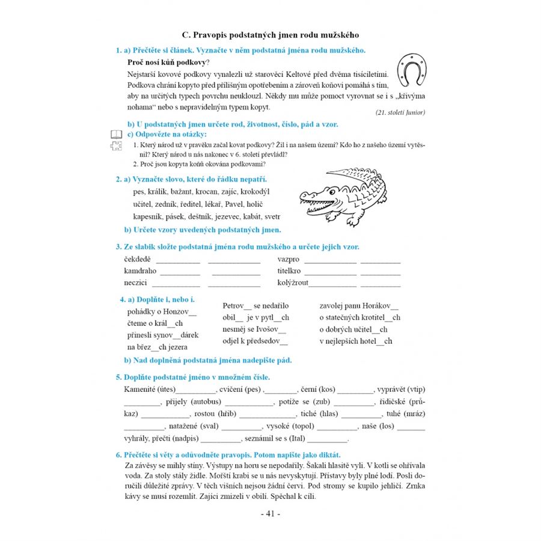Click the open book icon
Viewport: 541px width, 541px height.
coord(116,134)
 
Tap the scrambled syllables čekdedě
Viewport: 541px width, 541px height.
coord(138,259)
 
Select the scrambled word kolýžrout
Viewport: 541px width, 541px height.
coord(293,282)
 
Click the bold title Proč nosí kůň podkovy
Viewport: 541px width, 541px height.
coord(168,62)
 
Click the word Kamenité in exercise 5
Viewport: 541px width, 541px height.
coord(140,390)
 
